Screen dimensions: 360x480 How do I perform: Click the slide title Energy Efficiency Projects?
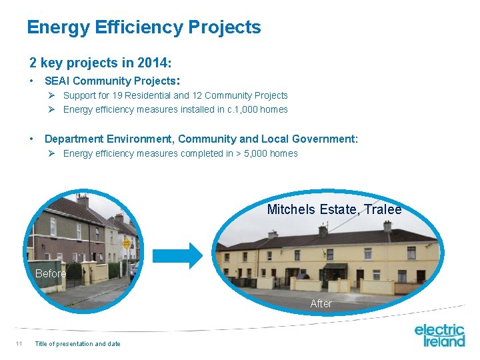point(143,27)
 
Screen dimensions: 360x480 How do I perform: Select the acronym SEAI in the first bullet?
point(58,81)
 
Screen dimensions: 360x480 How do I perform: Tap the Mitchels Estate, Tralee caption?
point(334,209)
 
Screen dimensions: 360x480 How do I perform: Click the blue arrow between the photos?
point(177,255)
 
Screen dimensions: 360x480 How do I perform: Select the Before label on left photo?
point(51,273)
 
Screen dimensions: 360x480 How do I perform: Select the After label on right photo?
point(321,303)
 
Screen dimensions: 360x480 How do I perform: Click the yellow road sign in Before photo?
point(126,243)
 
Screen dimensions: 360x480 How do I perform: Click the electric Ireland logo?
point(439,335)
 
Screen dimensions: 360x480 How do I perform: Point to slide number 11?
point(19,344)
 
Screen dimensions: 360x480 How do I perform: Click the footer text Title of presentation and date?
point(77,344)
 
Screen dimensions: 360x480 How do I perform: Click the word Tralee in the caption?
point(383,209)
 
